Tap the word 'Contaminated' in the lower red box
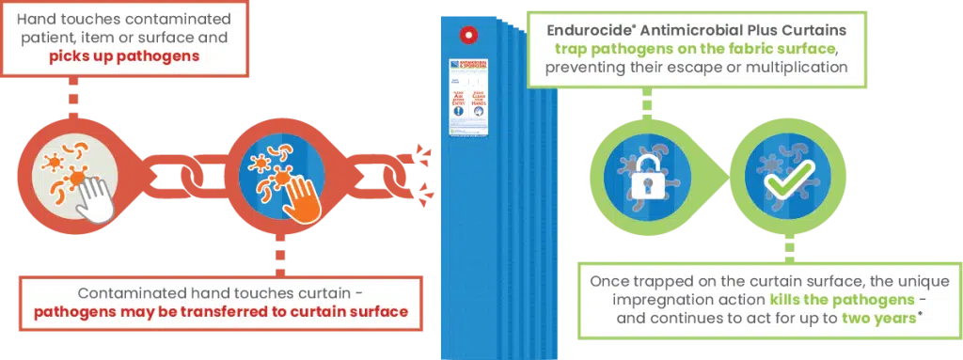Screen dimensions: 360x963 (x=129, y=292)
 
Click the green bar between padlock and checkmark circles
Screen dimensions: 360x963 (x=715, y=174)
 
